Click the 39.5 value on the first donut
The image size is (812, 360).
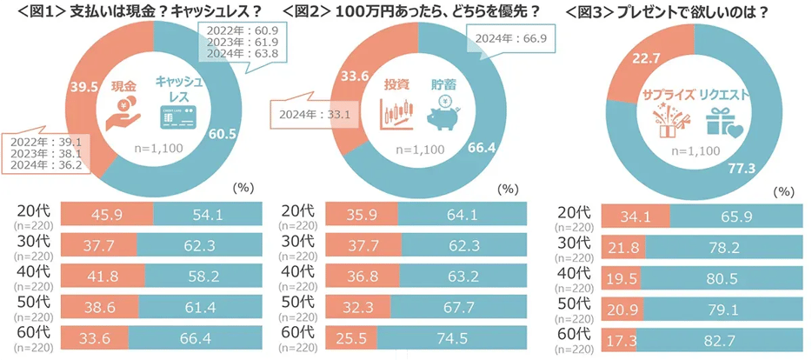point(83,88)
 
